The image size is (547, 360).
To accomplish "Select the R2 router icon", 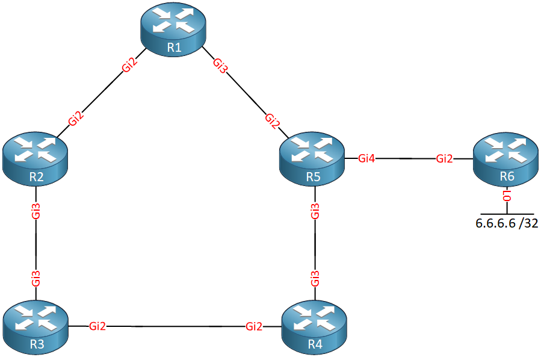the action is pyautogui.click(x=35, y=159).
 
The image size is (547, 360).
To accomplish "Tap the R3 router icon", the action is pyautogui.click(x=36, y=328).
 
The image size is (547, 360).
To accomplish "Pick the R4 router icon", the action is pyautogui.click(x=314, y=327).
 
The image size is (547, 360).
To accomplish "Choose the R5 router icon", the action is pyautogui.click(x=312, y=159).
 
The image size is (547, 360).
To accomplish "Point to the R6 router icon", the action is pyautogui.click(x=506, y=159).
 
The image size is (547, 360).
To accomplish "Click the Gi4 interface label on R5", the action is pyautogui.click(x=366, y=159).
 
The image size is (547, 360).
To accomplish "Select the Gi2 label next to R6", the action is pyautogui.click(x=445, y=159).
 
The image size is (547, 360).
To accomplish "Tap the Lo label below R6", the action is pyautogui.click(x=507, y=196).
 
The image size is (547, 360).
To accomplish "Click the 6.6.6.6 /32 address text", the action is pyautogui.click(x=507, y=223).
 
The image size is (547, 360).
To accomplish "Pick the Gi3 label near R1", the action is pyautogui.click(x=220, y=66).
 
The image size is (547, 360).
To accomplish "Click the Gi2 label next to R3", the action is pyautogui.click(x=97, y=326).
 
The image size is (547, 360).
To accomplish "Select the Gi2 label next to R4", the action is pyautogui.click(x=254, y=326).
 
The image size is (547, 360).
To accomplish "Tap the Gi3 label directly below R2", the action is pyautogui.click(x=36, y=211).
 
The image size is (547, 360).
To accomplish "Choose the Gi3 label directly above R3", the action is pyautogui.click(x=36, y=278).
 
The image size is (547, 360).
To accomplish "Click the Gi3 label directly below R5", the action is pyautogui.click(x=315, y=211).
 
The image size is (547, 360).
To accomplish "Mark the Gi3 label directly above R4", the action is pyautogui.click(x=315, y=278).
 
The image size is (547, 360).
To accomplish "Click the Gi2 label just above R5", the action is pyautogui.click(x=273, y=121).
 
